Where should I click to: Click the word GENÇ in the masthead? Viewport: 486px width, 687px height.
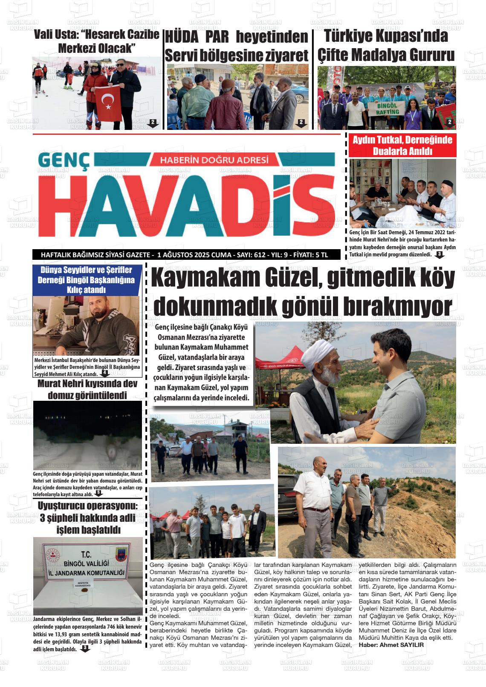coord(64,161)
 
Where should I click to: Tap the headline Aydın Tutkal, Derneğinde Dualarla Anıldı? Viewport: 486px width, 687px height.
coord(402,146)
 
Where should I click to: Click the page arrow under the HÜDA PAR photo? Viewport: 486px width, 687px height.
coord(301,124)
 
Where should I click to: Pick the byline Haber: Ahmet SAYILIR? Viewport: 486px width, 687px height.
coord(391,645)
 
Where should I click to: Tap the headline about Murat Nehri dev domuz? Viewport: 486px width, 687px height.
coord(87,389)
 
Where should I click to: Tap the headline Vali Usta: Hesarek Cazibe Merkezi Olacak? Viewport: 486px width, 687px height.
coord(96,41)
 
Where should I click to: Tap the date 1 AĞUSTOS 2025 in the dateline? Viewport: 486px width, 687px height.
coord(188,255)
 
